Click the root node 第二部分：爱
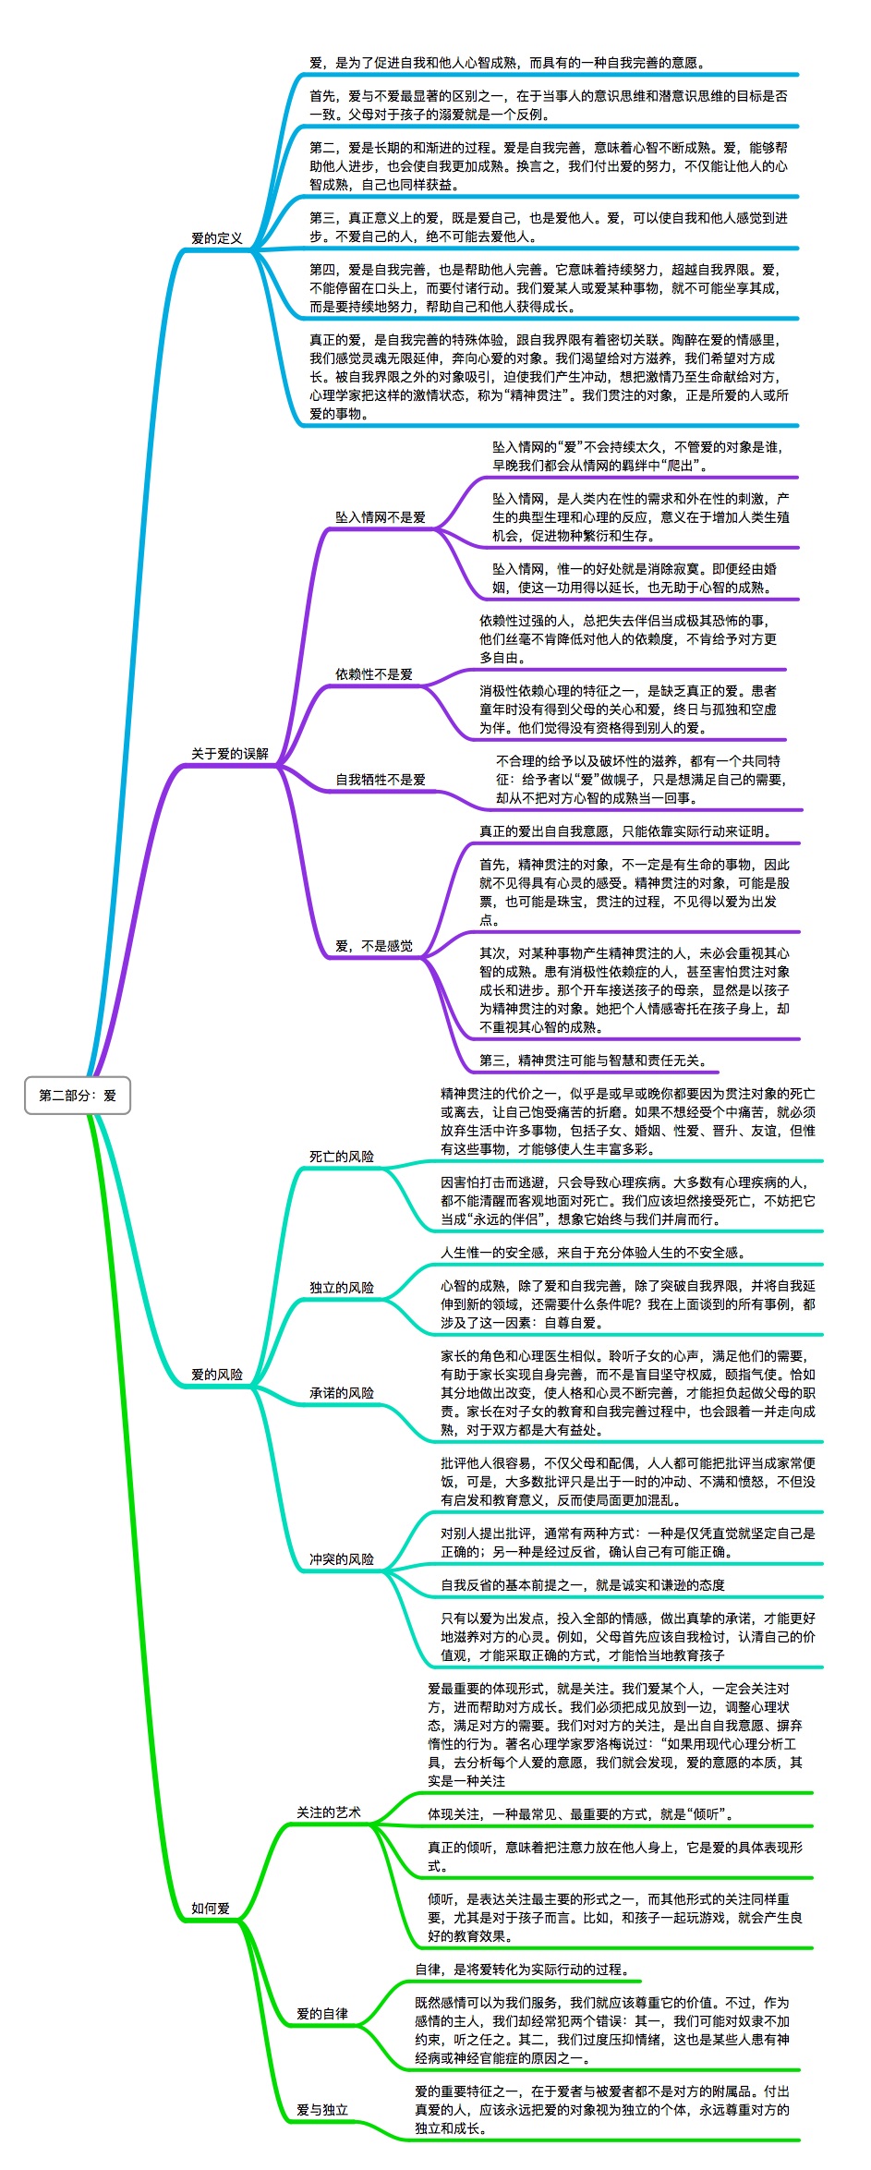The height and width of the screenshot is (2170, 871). click(78, 1096)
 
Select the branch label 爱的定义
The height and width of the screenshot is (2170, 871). click(217, 238)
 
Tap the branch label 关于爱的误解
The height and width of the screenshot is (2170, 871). click(230, 754)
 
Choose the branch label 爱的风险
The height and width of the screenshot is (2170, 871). click(217, 1375)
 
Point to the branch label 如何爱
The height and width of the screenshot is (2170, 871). click(211, 1909)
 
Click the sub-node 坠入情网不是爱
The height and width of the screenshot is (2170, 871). click(381, 517)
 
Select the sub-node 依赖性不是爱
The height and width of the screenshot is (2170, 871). click(374, 674)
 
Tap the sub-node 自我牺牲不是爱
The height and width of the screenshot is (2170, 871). click(381, 780)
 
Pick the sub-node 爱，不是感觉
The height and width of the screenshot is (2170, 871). click(374, 946)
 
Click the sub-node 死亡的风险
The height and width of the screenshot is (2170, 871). click(342, 1157)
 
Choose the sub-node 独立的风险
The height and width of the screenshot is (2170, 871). click(342, 1288)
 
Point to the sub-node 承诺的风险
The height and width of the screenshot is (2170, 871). click(342, 1393)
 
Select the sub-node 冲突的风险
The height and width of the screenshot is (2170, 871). click(342, 1559)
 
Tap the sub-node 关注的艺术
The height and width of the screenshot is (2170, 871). click(329, 1812)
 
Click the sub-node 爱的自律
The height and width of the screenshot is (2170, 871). click(322, 2014)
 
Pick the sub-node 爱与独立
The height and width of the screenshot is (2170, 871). click(322, 2110)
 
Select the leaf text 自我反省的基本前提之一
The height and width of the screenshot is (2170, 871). click(583, 1585)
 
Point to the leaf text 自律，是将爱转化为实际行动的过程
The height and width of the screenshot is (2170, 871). click(522, 1970)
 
